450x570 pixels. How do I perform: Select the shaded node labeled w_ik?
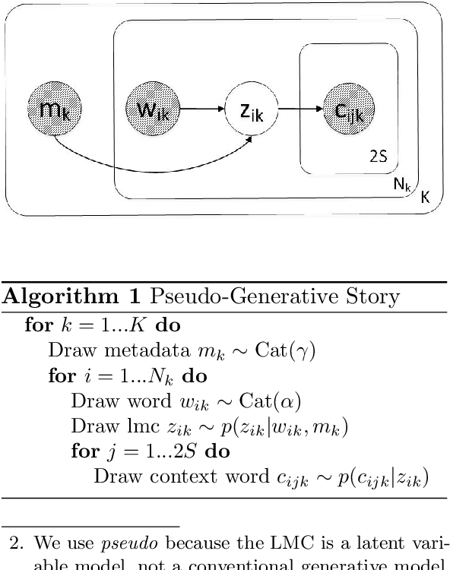(153, 112)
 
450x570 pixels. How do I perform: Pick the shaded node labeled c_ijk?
(349, 112)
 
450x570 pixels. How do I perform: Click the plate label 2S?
(378, 157)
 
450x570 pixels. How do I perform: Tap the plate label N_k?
(401, 185)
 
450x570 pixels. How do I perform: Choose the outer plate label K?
(426, 196)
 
